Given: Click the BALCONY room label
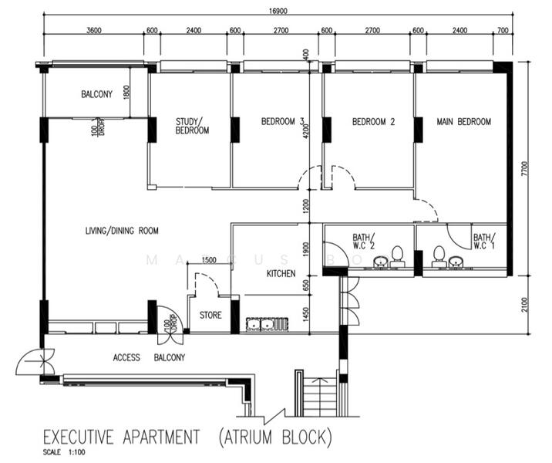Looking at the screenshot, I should (x=97, y=95).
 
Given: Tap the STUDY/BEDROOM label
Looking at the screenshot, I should (x=192, y=126).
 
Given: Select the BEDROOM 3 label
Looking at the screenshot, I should (x=283, y=121).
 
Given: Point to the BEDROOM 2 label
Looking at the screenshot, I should (x=373, y=121).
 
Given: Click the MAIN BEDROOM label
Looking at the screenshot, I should (x=463, y=121).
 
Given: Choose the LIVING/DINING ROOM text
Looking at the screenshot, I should (x=122, y=230).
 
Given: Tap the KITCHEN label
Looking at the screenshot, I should (x=281, y=274).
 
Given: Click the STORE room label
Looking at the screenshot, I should (x=210, y=315).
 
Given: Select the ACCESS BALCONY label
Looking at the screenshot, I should (x=149, y=357).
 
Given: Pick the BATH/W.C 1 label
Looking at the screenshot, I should (x=484, y=242).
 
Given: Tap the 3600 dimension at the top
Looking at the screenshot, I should (x=94, y=30).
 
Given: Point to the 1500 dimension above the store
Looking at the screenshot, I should (x=208, y=261).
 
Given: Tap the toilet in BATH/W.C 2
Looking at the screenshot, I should (x=398, y=254).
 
